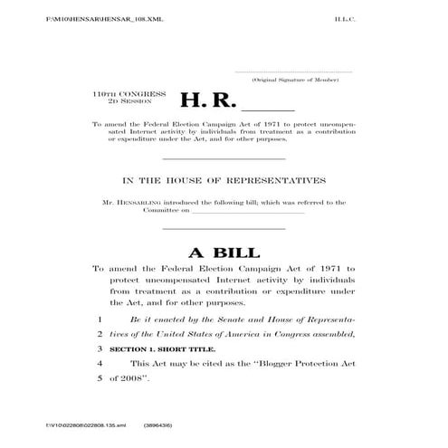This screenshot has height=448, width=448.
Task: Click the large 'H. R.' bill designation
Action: [209, 100]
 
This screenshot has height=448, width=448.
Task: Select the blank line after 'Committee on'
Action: [249, 212]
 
